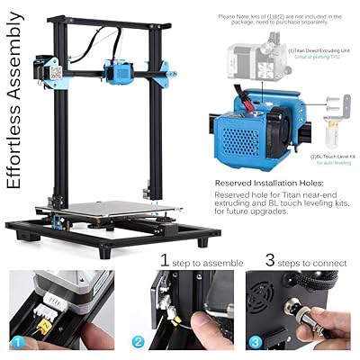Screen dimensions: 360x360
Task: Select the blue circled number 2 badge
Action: tap(137, 342)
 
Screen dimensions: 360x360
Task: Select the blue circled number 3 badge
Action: tap(256, 342)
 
